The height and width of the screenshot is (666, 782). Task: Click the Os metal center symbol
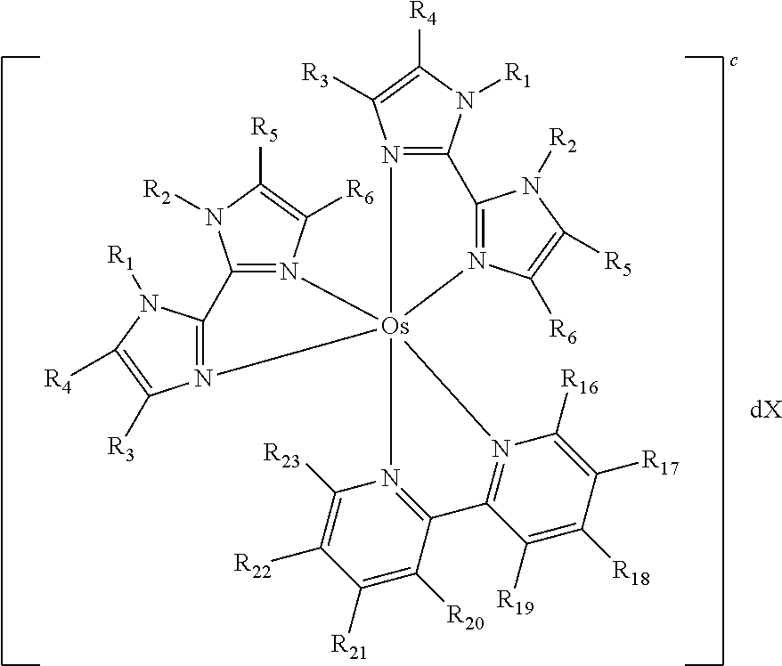point(395,327)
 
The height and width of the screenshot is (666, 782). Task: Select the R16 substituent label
point(579,382)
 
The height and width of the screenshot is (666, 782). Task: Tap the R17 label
point(659,463)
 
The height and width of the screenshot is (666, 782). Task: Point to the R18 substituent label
point(631,573)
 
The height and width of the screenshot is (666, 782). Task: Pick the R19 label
point(516,602)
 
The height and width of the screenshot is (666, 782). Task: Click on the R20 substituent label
point(465,618)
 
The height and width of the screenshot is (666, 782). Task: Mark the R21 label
point(350,647)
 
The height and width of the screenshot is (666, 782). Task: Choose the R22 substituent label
point(252,566)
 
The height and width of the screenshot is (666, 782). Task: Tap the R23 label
point(281,457)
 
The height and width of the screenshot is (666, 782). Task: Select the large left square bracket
point(3,361)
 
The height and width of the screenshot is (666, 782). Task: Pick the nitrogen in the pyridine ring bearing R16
point(501,449)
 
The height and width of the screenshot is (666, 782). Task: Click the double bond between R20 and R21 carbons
point(388,580)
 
